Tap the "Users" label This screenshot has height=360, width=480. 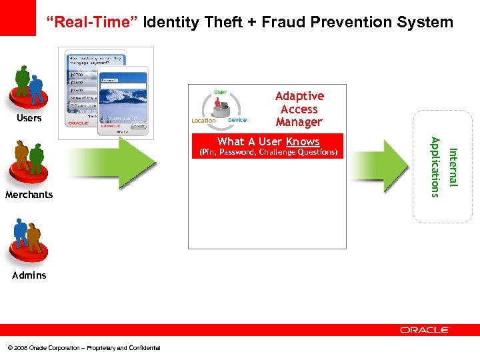pos(29,118)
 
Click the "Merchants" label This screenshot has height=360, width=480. pos(29,195)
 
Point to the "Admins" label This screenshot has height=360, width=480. pos(29,275)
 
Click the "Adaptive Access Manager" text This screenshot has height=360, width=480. pos(299,109)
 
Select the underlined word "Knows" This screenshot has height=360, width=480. pos(303,141)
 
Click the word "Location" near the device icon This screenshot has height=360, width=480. pos(203,121)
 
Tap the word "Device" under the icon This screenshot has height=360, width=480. pos(237,120)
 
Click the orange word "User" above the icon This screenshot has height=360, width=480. pos(220,92)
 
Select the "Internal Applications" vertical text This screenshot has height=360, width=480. pos(443,167)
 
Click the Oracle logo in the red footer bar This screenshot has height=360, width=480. pos(425,329)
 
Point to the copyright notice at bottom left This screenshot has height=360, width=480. pos(84,347)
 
